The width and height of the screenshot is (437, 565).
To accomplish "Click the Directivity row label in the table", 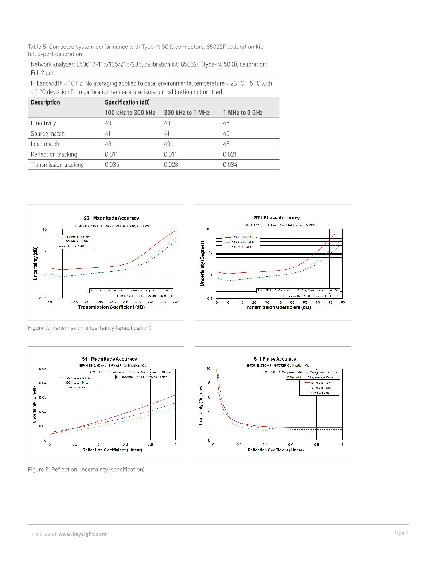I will (43, 123).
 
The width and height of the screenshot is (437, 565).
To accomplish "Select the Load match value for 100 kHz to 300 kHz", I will (108, 144).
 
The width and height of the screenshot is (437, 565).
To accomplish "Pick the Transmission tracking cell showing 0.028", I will (171, 165).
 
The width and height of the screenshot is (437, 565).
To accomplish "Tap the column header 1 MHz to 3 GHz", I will (242, 113).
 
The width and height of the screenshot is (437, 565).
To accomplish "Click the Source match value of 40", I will (226, 133).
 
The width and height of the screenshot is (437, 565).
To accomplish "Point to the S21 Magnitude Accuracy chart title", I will (111, 218).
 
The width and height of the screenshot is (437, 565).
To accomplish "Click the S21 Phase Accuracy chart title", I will (277, 218).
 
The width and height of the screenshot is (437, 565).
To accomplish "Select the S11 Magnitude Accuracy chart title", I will (109, 359).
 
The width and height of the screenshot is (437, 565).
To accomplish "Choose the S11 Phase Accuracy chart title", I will (275, 359).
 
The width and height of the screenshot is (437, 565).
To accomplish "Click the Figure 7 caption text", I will (89, 328).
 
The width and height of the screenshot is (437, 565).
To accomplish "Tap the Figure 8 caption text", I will (86, 470).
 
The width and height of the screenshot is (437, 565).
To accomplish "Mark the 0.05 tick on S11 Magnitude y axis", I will (43, 369).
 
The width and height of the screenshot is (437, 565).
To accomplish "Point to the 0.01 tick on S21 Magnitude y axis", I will (43, 298).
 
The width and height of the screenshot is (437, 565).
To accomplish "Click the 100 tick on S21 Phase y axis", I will (210, 229).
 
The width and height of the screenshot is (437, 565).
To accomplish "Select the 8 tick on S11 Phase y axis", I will (209, 383).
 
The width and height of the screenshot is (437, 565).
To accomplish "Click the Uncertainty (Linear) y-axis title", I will (34, 404).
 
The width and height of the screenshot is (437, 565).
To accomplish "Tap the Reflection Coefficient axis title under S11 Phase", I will (276, 450).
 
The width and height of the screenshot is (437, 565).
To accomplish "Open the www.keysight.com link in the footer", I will (82, 534).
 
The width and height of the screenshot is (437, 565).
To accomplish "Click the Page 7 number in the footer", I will (401, 533).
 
